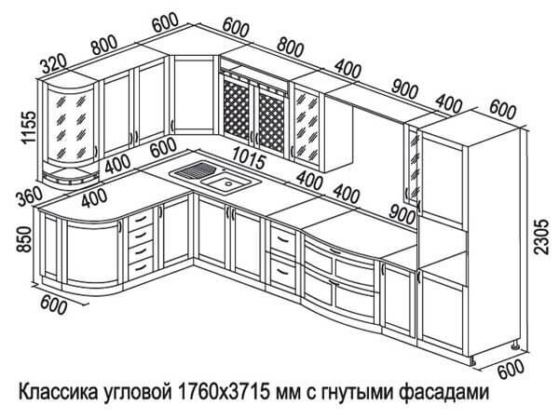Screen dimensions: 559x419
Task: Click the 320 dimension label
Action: tap(55, 64)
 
